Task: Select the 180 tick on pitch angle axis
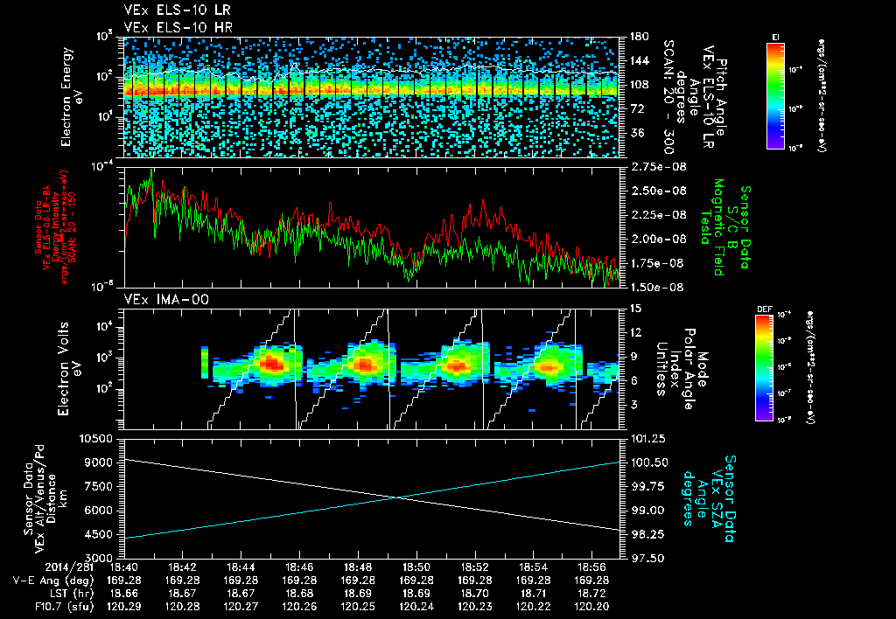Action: [x=638, y=37]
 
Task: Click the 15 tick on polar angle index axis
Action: [x=633, y=308]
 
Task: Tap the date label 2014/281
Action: [x=30, y=567]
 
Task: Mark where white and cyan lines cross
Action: [x=398, y=497]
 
